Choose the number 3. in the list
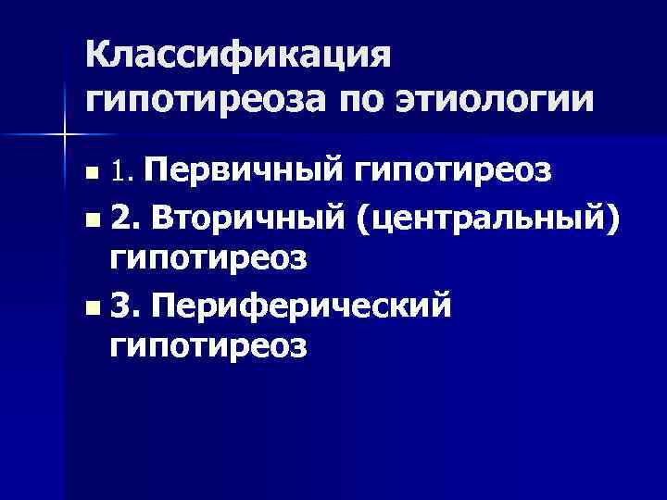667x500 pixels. pos(123,305)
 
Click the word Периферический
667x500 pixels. pos(296,305)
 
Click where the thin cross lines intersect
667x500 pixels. pos(64,134)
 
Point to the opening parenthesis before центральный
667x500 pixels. pos(358,218)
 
